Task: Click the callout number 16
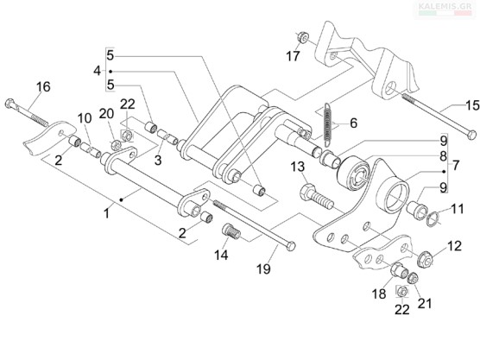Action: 43,87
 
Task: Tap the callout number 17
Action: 293,56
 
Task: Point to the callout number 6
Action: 354,123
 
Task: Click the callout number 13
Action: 298,167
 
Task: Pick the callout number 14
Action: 221,255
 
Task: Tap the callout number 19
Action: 263,269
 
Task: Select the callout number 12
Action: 454,246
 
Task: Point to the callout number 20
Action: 106,114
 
